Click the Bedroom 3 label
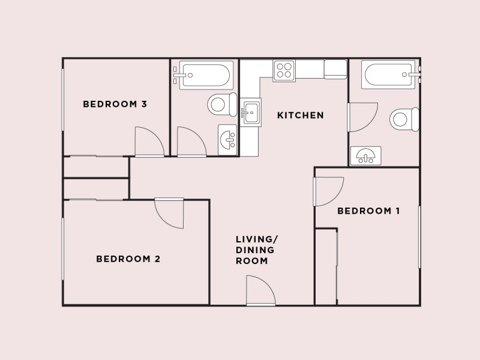[x=115, y=104]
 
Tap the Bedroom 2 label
[x=128, y=259]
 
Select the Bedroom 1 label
[x=368, y=211]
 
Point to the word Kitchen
[x=301, y=115]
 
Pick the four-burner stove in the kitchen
[x=284, y=71]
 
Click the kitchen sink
[x=250, y=112]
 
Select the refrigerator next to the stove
[x=335, y=69]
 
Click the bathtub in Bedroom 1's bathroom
[x=388, y=74]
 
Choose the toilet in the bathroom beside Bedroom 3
[x=222, y=104]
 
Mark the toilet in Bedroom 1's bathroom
[x=404, y=119]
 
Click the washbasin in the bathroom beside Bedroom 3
[x=227, y=140]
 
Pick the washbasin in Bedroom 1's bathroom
[x=365, y=156]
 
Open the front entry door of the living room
[x=261, y=290]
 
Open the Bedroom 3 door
[x=149, y=142]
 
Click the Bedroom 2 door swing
[x=169, y=213]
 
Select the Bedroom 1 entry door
[x=328, y=191]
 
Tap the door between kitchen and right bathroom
[x=362, y=117]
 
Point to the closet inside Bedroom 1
[x=326, y=266]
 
